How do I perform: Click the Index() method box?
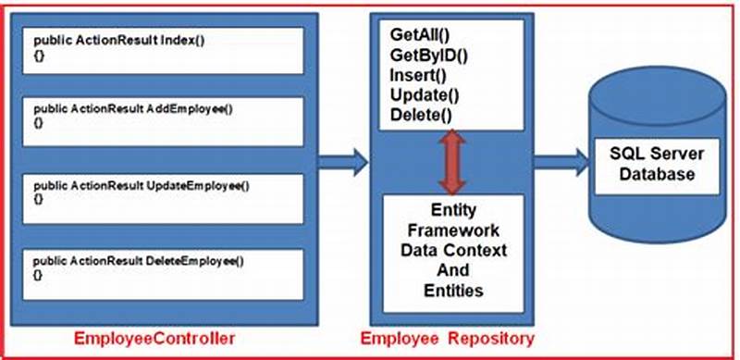click(x=167, y=50)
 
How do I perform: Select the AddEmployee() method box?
click(x=167, y=121)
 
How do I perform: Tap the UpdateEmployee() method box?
click(x=167, y=195)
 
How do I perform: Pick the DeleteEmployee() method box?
click(x=167, y=267)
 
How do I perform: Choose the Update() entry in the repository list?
click(x=422, y=95)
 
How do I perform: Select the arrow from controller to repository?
click(x=341, y=163)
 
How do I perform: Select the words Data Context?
click(x=453, y=250)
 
